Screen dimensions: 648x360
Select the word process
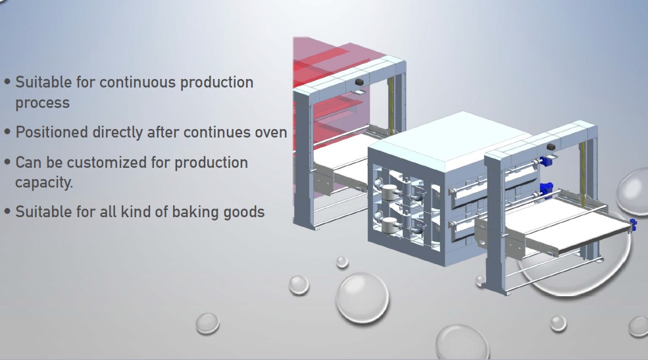coord(43,103)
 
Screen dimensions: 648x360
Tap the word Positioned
coord(52,132)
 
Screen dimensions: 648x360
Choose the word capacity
coord(44,182)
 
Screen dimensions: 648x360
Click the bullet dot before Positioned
coord(7,132)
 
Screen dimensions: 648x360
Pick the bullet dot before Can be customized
coord(7,162)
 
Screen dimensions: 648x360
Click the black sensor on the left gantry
coord(359,82)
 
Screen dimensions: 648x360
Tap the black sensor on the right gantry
coord(551,147)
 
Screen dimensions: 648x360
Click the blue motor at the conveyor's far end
coord(632,224)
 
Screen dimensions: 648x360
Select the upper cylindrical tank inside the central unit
coord(389,192)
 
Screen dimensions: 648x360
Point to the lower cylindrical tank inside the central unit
coord(389,225)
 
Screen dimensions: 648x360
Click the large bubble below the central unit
coord(362,297)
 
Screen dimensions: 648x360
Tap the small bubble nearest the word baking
coord(207,323)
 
